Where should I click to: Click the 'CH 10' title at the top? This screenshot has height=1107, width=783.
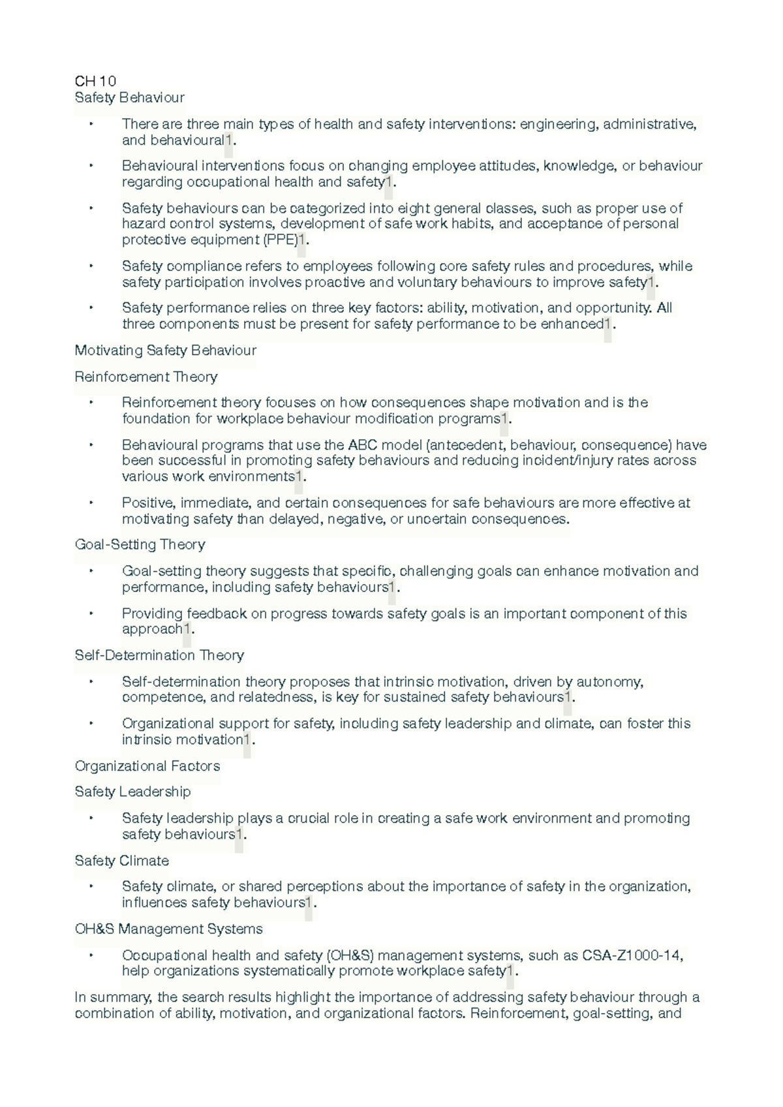[95, 81]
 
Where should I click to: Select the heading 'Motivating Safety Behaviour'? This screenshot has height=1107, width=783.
[165, 351]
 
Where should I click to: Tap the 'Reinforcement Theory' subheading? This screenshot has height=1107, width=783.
[146, 377]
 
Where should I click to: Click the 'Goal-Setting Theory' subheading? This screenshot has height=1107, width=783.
[140, 544]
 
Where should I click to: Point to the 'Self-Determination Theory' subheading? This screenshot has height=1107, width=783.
[159, 655]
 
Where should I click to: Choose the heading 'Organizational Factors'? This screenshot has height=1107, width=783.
[147, 766]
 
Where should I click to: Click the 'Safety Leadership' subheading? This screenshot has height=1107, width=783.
[132, 792]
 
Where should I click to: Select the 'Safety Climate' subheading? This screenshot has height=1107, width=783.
[121, 861]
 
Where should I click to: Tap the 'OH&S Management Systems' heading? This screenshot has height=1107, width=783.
[168, 929]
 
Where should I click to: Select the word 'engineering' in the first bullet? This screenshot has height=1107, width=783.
[557, 124]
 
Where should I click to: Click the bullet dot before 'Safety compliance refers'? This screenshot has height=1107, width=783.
[91, 266]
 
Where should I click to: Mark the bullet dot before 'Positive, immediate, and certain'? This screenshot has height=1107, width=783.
[91, 503]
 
